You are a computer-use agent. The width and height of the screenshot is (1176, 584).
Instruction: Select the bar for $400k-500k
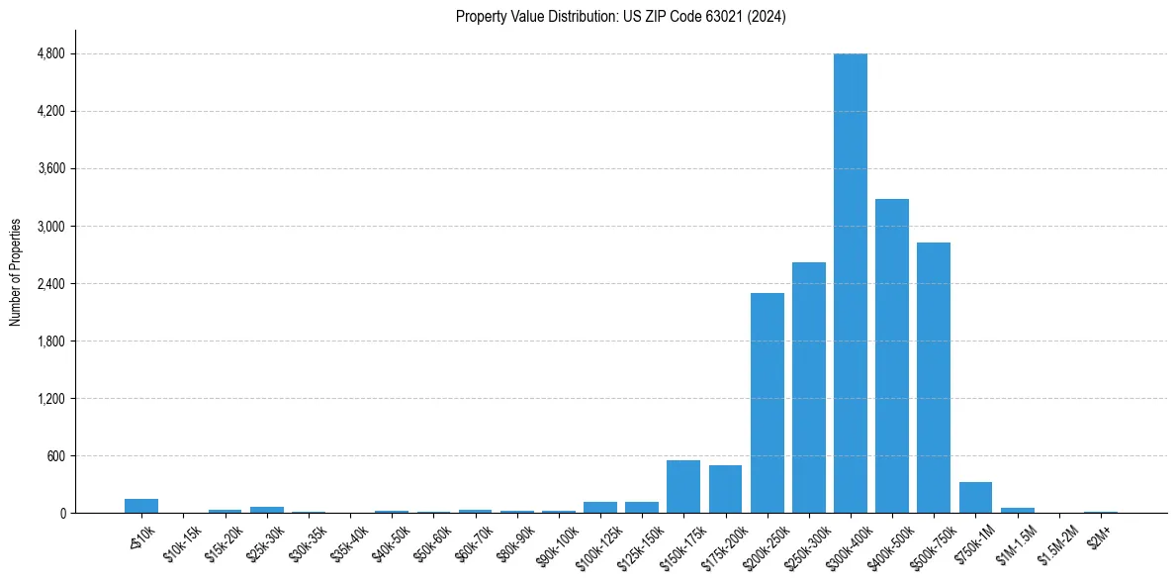[x=891, y=356]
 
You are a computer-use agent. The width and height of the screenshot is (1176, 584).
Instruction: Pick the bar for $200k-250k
[x=767, y=403]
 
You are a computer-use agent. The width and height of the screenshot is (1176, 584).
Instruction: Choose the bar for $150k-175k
[x=683, y=487]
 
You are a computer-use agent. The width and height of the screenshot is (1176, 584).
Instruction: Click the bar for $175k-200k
[x=725, y=489]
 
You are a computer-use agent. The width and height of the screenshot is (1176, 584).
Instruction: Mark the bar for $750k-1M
[x=975, y=498]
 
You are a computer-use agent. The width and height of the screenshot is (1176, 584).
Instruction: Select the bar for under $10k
[x=141, y=506]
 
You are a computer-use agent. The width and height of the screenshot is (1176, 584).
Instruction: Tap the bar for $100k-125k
[x=599, y=508]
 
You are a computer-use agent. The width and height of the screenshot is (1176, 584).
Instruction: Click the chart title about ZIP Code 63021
[x=620, y=17]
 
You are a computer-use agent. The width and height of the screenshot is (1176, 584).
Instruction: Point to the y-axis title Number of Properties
[x=16, y=272]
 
